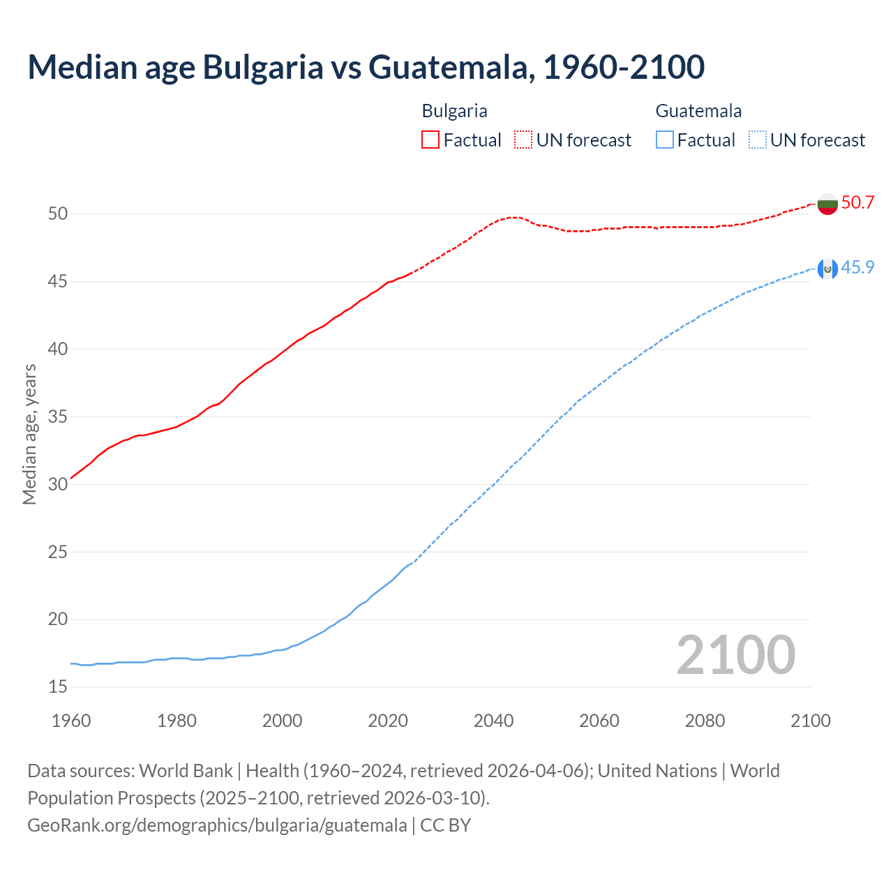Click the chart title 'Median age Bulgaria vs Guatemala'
pos(366,67)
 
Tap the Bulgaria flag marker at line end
pos(827,204)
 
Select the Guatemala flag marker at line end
pos(827,269)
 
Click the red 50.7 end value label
pos(857,203)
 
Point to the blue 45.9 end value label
pos(857,268)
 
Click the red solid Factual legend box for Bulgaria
pos(430,140)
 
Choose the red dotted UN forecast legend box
pos(523,140)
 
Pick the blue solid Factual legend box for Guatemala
pos(665,140)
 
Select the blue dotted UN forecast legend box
pos(757,140)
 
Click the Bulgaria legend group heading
pos(454,111)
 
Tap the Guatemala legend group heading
pos(698,111)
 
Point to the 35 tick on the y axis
pos(58,417)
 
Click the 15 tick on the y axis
pos(58,687)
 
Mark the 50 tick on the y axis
pos(58,214)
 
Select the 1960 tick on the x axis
pos(71,721)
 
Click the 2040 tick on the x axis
pos(493,721)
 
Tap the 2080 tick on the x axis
pos(705,721)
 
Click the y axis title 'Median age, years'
pos(29,434)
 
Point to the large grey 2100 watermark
pos(735,655)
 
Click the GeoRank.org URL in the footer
pos(217,825)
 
